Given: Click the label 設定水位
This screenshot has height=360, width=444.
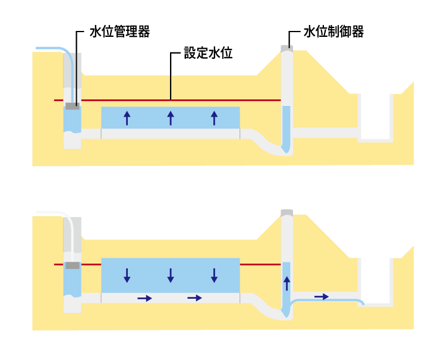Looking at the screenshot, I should [207, 53].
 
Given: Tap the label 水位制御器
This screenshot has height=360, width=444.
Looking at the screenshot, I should [333, 32].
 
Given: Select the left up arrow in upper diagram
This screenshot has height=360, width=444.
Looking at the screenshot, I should [127, 117].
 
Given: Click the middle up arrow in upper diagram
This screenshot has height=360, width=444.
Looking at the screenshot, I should [171, 117].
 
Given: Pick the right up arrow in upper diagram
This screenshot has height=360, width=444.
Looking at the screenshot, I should [214, 117].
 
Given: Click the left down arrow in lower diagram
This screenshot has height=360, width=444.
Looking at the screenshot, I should [127, 276].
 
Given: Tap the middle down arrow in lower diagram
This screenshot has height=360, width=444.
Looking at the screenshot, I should [171, 276].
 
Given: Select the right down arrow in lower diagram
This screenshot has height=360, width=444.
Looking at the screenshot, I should [214, 276].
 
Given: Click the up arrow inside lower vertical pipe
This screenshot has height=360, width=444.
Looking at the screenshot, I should [286, 283].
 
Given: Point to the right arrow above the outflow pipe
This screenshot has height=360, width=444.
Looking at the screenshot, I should [322, 296].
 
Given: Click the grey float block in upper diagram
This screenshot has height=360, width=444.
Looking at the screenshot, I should [72, 107].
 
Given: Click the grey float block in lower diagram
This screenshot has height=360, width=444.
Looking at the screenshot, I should [72, 265].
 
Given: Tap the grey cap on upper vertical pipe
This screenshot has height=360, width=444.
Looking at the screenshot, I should [286, 46].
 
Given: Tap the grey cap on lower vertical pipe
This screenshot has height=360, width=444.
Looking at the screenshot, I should [286, 213].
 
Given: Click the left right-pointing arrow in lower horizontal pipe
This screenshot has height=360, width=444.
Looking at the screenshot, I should [144, 298].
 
